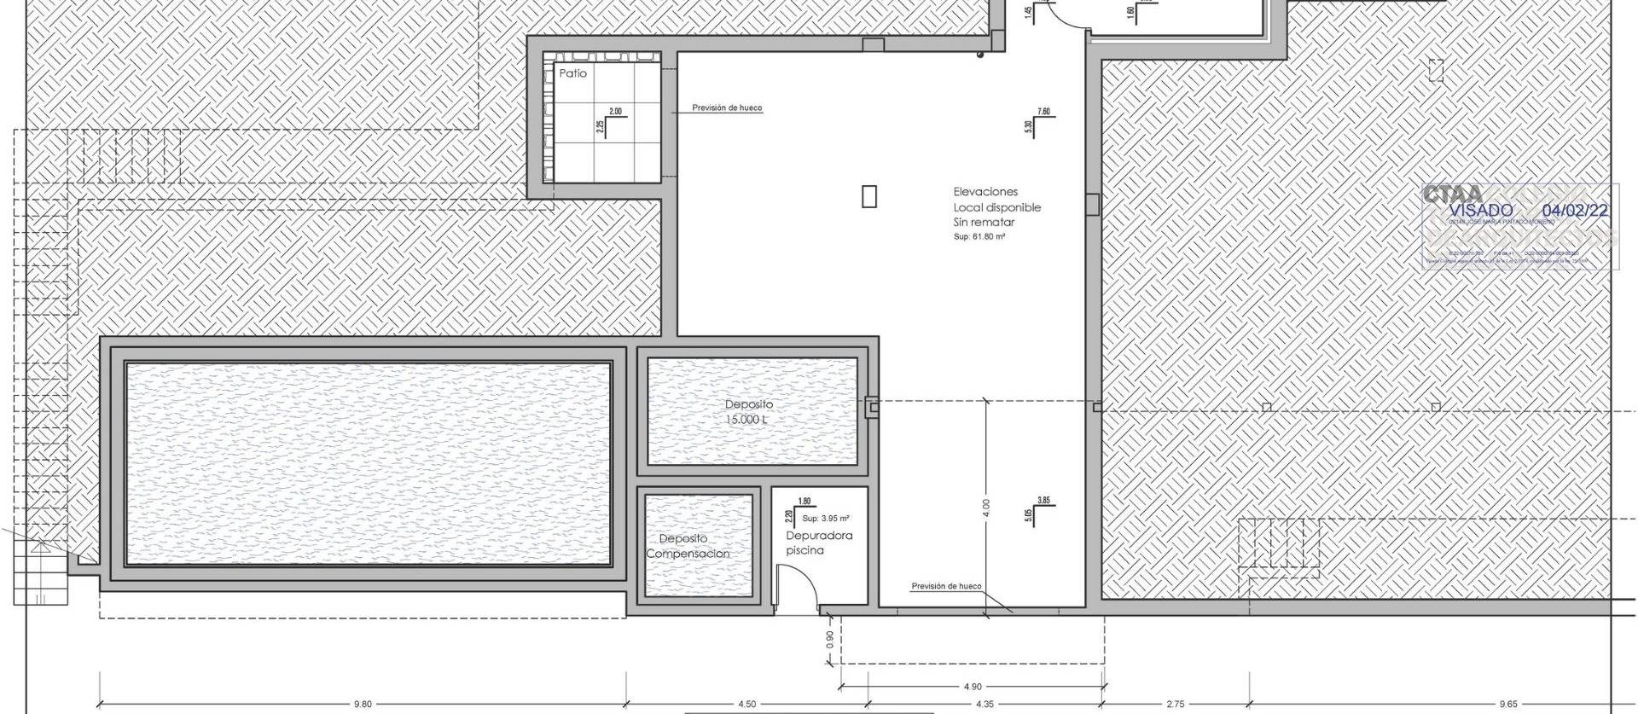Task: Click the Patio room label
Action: coord(572,73)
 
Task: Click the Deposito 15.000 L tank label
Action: coord(748,412)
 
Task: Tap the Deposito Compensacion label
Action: coord(687,546)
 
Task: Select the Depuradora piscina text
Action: coord(818,543)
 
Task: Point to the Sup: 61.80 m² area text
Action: coord(979,236)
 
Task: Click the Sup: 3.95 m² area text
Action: coord(825,518)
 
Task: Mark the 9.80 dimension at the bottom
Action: coord(363,704)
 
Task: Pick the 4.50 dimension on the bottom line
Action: coord(746,704)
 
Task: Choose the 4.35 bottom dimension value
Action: coord(984,704)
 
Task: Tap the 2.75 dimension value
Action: coord(1175,704)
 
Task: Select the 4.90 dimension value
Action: coord(972,686)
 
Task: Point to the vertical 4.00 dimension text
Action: coord(986,508)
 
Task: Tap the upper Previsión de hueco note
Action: coord(727,108)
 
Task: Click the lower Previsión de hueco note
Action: coord(946,586)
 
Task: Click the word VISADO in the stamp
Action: coord(1481,210)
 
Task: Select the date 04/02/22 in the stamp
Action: coord(1576,210)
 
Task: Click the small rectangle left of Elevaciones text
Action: coord(868,196)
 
